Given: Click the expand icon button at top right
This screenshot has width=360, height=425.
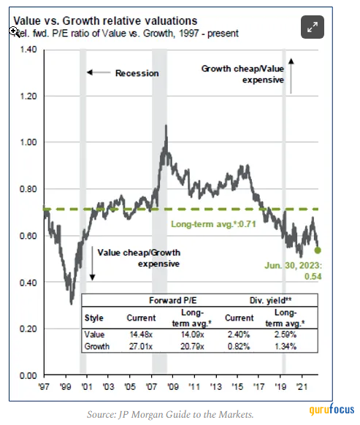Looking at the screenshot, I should [313, 27].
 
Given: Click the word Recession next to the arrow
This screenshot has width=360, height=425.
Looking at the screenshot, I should [137, 74].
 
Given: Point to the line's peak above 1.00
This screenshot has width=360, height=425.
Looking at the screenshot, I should [166, 126].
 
